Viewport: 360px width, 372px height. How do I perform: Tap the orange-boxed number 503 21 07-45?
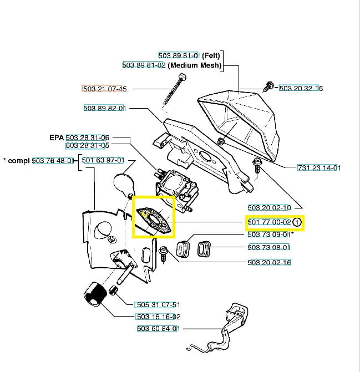[x=104, y=89]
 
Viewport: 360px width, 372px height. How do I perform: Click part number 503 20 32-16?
[x=301, y=88]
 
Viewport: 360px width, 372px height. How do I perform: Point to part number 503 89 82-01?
[x=104, y=108]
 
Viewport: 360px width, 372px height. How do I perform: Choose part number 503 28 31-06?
[x=87, y=137]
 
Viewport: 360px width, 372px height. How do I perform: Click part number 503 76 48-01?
[x=53, y=161]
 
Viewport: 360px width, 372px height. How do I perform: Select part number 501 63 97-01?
[x=103, y=161]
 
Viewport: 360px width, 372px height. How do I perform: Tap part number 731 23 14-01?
[x=319, y=168]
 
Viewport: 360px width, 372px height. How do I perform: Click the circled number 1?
[x=297, y=223]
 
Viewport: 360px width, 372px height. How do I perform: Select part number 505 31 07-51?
[x=158, y=305]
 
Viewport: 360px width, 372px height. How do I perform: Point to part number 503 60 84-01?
[x=158, y=329]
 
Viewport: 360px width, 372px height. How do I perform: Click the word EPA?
[x=57, y=137]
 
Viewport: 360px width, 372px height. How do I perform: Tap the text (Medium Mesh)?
[x=195, y=65]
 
